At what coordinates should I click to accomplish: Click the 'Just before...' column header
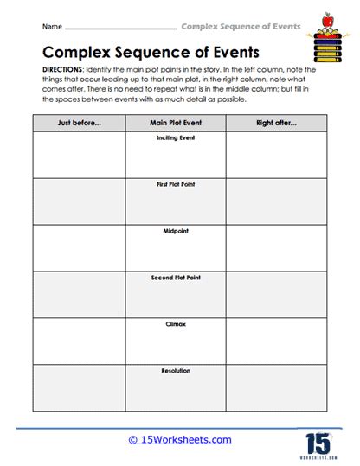[x=79, y=123]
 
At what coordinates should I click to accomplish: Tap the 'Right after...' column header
[x=276, y=123]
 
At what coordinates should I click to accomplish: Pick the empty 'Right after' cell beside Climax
[x=276, y=341]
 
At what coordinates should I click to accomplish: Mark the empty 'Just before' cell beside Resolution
[x=79, y=387]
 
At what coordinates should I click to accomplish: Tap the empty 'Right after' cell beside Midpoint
[x=276, y=248]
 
